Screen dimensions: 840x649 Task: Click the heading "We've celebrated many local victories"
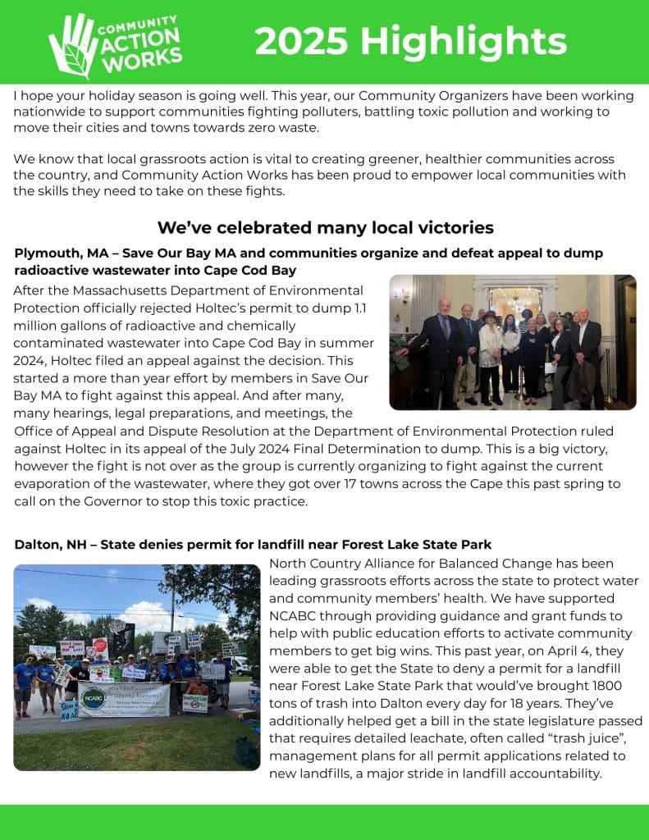point(325,227)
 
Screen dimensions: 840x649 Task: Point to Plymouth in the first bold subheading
point(45,253)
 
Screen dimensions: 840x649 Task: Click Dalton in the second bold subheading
point(36,544)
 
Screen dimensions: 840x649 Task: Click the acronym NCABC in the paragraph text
point(295,615)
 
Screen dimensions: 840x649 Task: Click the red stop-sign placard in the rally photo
point(100,645)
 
